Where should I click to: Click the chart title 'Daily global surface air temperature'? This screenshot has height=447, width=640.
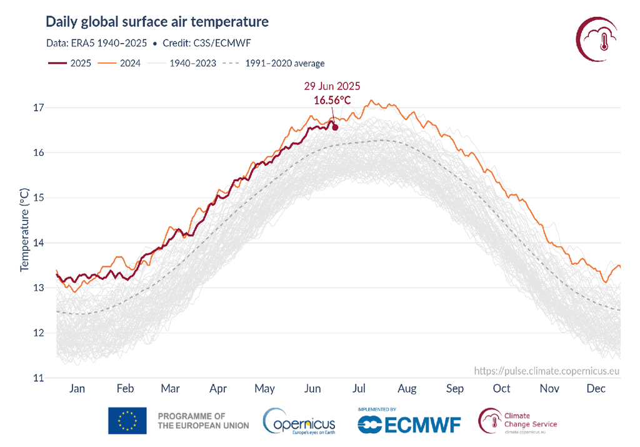(x=157, y=23)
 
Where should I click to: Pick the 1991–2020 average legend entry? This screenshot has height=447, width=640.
(x=274, y=63)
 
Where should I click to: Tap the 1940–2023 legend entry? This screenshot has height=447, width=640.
(x=182, y=63)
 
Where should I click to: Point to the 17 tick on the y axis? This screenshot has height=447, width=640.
(x=38, y=108)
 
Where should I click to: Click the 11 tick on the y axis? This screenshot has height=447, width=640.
(x=38, y=378)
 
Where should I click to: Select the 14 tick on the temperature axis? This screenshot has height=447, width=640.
(x=38, y=243)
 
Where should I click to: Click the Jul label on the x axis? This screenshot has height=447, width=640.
(x=359, y=389)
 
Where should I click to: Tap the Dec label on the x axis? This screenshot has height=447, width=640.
(x=596, y=389)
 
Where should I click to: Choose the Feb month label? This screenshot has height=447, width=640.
(x=125, y=389)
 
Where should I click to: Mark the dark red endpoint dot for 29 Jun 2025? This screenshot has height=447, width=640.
(x=335, y=127)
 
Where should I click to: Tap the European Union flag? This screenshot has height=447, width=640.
(x=127, y=421)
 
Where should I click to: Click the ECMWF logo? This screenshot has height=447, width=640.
(x=409, y=424)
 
